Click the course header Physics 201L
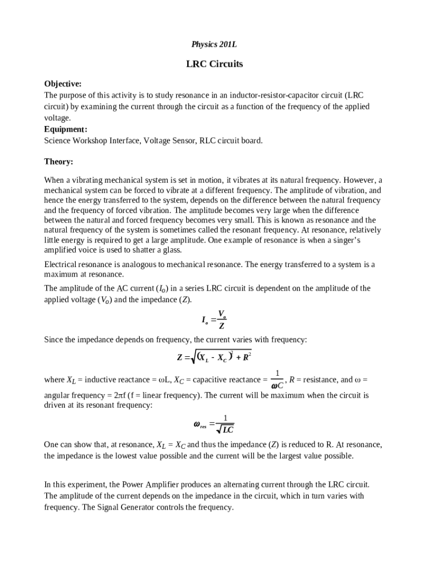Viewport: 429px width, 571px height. tap(214, 44)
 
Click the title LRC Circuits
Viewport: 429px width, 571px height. tap(214, 64)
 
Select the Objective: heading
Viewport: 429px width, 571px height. tap(63, 84)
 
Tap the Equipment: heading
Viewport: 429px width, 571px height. tap(66, 129)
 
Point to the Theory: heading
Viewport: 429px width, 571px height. tap(58, 162)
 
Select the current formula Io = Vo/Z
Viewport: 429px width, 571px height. tap(214, 320)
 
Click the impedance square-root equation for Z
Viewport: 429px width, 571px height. tap(214, 357)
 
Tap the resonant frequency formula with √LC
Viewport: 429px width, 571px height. tap(214, 425)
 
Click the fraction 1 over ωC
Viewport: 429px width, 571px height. tap(277, 379)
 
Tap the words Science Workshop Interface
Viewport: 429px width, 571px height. tap(91, 141)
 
